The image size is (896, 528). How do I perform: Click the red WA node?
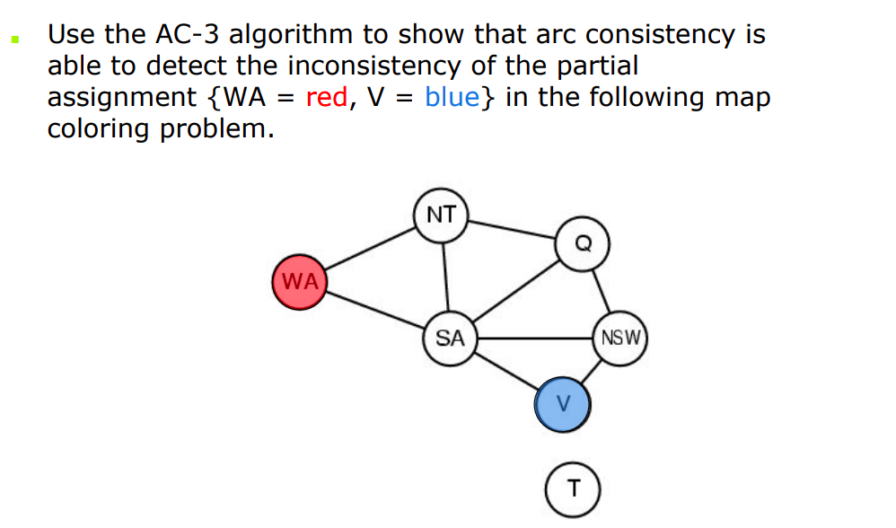pos(300,282)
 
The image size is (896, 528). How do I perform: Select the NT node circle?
pos(441,216)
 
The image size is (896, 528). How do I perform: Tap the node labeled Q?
pos(583,242)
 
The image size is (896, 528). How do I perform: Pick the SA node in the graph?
pos(450,339)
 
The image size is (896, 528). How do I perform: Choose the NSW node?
pos(620,339)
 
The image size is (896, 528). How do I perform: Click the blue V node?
pos(563,404)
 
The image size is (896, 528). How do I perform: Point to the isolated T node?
pos(573,489)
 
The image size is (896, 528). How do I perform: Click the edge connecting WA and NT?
pos(370,249)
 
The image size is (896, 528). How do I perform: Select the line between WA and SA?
pos(374,311)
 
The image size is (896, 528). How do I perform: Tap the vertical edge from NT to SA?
pos(445,277)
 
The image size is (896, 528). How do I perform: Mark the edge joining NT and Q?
pos(512,229)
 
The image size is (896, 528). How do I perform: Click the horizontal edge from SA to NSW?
pos(534,339)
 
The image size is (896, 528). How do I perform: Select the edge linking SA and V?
pos(505,372)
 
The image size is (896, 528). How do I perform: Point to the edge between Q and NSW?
pos(602,292)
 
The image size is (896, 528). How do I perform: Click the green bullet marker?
pos(13,40)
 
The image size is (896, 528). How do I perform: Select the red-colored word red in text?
pos(327,97)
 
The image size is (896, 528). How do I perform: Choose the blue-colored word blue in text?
pos(452,97)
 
